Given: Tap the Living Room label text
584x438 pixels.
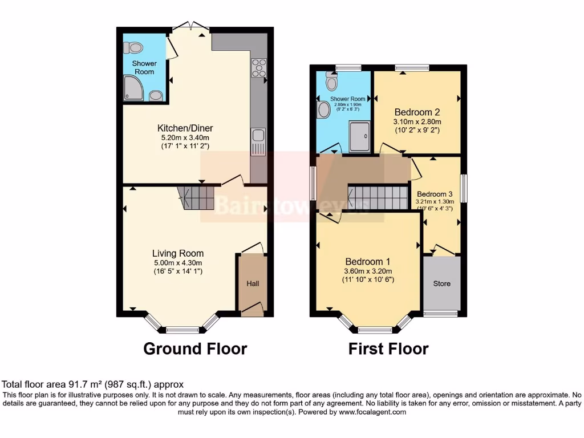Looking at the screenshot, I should coord(177,253).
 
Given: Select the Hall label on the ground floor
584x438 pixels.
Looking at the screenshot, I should coord(253,283).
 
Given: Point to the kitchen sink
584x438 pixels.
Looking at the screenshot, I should coord(258,135).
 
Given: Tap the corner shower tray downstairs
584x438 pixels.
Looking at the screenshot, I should coord(133,88).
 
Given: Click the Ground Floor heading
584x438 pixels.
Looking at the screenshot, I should coord(195,348).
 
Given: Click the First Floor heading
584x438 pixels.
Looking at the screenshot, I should coord(388,348).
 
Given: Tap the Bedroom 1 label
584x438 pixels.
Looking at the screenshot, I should coord(367,262).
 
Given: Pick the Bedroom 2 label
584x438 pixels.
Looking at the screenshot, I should coord(417,112).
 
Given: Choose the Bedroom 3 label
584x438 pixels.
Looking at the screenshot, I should coord(435,193).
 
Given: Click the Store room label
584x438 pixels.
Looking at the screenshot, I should coord(441,283).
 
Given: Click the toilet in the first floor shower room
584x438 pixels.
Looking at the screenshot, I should coord(331,83).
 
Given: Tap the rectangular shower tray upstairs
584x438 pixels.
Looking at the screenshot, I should coord(359,136).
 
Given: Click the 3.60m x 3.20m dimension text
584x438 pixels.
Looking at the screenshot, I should coord(367,271).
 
